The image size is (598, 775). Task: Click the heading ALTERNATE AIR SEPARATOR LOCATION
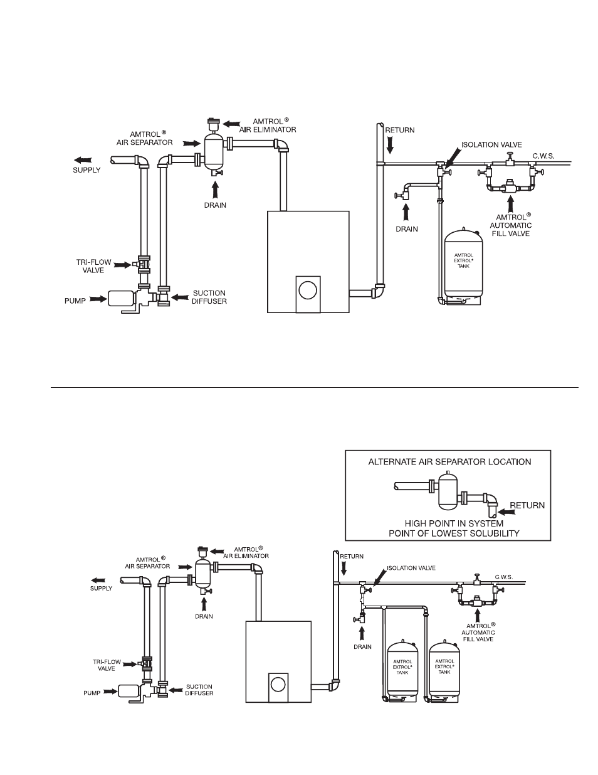(x=449, y=462)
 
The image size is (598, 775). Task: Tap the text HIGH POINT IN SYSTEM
(x=454, y=523)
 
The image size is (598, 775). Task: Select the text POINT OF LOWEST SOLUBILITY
(x=454, y=533)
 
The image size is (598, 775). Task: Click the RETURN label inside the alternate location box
(x=527, y=505)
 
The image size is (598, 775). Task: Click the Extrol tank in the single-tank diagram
(x=463, y=266)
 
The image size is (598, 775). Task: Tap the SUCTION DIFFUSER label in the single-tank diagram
(x=209, y=297)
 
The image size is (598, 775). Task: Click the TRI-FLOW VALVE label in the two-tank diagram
(x=107, y=665)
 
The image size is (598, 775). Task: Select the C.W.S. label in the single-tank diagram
(x=543, y=156)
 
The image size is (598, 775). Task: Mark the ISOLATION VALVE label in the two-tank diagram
(x=411, y=568)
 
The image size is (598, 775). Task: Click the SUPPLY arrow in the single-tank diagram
(x=83, y=160)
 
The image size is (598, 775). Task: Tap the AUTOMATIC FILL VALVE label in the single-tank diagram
(x=511, y=225)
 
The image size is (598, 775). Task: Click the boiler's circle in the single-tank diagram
(x=308, y=291)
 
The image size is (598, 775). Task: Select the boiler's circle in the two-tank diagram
(x=278, y=685)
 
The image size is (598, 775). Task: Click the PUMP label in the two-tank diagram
(x=92, y=693)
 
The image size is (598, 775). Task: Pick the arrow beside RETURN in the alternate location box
(x=506, y=512)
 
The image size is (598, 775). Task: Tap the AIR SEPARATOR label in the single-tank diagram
(x=145, y=139)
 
